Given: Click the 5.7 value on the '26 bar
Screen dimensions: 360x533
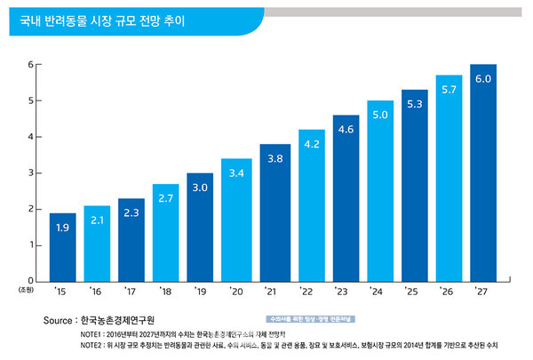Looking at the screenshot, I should pyautogui.click(x=449, y=90).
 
